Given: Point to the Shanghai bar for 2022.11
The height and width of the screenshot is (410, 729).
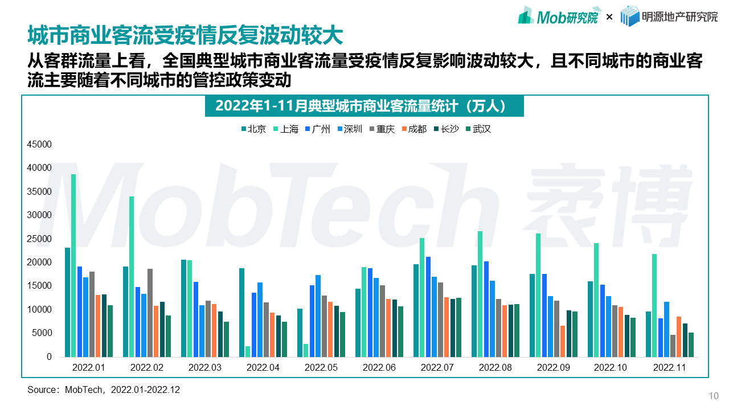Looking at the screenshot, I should click(x=654, y=305).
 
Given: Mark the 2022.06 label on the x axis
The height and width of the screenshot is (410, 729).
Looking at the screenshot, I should click(x=379, y=368).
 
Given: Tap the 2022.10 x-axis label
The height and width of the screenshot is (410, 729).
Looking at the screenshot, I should click(x=611, y=368).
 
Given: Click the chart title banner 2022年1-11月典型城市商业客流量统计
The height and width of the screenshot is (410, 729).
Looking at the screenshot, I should click(x=364, y=106).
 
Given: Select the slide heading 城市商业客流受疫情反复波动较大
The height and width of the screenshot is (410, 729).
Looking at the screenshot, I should click(x=185, y=35).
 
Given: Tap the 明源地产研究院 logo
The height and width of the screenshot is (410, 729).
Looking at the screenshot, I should click(x=669, y=17).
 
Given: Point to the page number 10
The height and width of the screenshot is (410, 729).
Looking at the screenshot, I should click(x=713, y=396).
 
